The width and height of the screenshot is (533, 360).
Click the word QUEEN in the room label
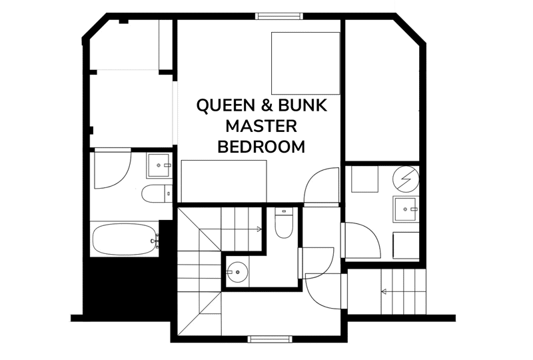pos(226,105)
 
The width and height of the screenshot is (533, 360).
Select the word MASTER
pos(261,126)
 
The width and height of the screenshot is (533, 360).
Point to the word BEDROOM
pos(261,147)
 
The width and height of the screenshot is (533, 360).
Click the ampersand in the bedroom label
pos(267,105)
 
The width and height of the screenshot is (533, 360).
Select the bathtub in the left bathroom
pos(125,239)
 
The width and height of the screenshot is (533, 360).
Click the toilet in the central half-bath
pos(284,223)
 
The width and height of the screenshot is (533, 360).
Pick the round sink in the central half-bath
pos(238,272)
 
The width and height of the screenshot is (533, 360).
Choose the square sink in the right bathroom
pos(406,209)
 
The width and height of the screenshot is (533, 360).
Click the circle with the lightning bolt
pos(406,179)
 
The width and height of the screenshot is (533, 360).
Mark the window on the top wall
pos(278,16)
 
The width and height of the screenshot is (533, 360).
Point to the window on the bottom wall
pos(270,339)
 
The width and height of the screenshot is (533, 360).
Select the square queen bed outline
pos(306,63)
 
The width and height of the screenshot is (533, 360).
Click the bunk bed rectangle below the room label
pos(224,181)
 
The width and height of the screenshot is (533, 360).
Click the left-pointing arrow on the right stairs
pos(403,291)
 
